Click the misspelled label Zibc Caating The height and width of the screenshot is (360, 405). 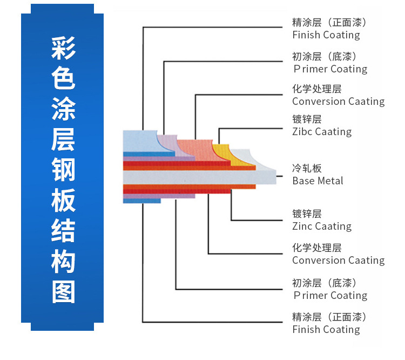pyautogui.click(x=322, y=131)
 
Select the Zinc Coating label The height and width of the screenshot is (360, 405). pyautogui.click(x=322, y=226)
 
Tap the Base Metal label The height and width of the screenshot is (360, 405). pyautogui.click(x=318, y=181)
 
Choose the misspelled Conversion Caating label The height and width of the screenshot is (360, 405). pyautogui.click(x=338, y=101)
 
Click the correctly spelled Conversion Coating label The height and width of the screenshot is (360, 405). pyautogui.click(x=338, y=260)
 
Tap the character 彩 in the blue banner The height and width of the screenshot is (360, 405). pyautogui.click(x=63, y=50)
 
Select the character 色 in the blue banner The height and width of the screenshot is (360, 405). pyautogui.click(x=63, y=79)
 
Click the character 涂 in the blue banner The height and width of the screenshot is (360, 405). pyautogui.click(x=63, y=110)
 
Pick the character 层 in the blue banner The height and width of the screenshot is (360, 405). pyautogui.click(x=63, y=139)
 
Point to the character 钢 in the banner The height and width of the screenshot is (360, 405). pyautogui.click(x=63, y=170)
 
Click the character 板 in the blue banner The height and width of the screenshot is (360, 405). pyautogui.click(x=63, y=200)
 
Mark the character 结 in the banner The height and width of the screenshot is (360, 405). pyautogui.click(x=63, y=230)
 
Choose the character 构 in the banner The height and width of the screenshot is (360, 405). pyautogui.click(x=63, y=261)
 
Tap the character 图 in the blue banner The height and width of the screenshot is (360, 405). pyautogui.click(x=63, y=291)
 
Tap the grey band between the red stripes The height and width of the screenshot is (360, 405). pyautogui.click(x=189, y=177)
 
